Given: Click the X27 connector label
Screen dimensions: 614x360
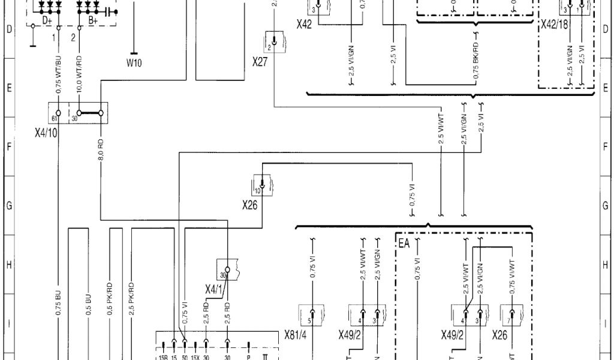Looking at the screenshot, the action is (260, 62).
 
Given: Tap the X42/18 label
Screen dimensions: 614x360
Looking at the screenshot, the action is (554, 25).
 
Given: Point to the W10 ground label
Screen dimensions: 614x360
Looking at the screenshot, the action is (134, 62).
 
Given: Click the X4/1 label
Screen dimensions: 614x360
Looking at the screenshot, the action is (214, 290).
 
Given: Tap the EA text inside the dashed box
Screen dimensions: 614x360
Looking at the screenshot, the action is (404, 244).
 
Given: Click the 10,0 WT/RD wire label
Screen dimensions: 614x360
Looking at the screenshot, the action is (80, 76).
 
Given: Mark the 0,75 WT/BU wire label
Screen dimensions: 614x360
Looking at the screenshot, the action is (58, 76).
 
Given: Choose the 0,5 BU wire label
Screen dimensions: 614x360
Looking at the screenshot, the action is (88, 305).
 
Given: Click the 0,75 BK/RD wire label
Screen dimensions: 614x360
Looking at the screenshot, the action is (477, 60).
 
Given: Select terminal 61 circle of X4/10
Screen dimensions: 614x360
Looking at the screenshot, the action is (58, 113).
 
